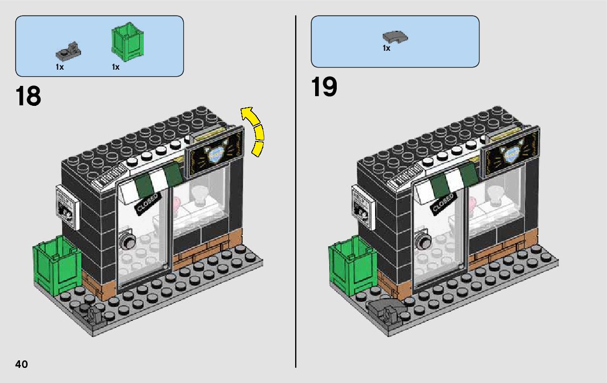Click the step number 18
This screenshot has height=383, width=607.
point(29,96)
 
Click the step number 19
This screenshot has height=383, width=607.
point(324,88)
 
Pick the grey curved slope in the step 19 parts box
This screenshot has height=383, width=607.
point(395,37)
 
